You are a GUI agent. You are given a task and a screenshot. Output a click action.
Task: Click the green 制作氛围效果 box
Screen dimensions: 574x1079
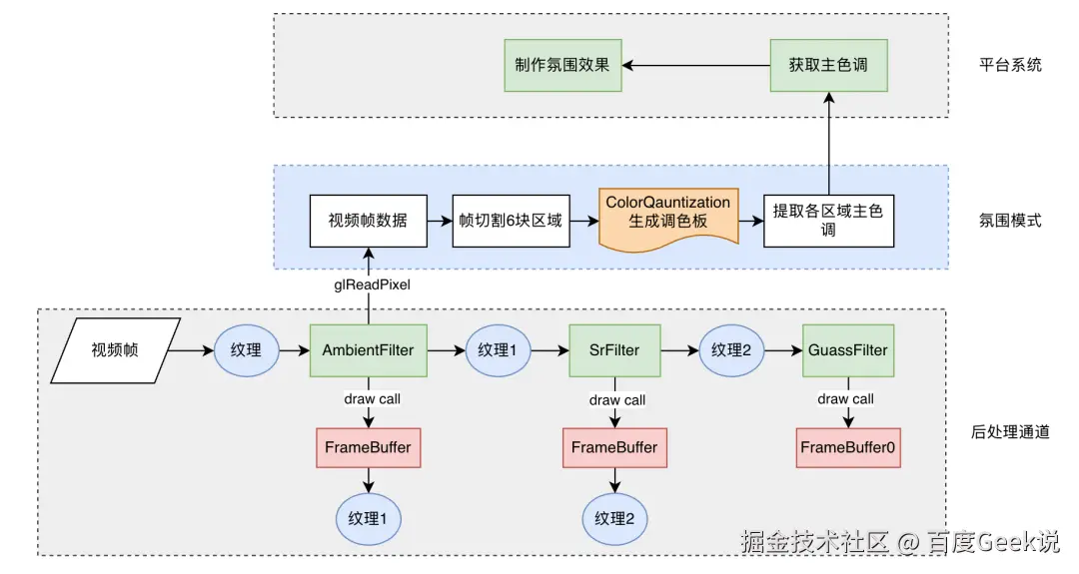(562, 65)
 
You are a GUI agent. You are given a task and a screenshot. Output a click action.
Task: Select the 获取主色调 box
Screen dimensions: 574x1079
(827, 65)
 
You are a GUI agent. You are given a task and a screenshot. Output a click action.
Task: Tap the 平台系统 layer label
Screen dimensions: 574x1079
(1010, 65)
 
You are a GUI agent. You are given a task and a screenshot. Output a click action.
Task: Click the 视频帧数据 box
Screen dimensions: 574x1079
(368, 220)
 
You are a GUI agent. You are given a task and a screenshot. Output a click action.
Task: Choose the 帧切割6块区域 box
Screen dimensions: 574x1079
(511, 220)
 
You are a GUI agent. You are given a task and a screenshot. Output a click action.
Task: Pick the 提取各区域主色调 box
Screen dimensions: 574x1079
(828, 221)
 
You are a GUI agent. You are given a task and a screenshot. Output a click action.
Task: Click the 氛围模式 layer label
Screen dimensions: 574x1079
(1010, 220)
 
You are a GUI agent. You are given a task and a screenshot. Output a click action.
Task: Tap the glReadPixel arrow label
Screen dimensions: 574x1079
(372, 285)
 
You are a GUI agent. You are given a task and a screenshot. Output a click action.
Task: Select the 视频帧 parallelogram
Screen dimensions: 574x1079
(115, 350)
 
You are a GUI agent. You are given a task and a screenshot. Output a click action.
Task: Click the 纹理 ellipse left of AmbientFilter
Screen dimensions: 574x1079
(246, 350)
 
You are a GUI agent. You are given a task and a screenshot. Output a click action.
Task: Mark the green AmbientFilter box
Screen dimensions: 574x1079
(368, 350)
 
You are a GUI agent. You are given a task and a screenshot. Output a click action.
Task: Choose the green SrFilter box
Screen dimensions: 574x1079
(613, 350)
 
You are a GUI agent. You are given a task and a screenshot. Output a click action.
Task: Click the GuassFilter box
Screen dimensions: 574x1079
(846, 350)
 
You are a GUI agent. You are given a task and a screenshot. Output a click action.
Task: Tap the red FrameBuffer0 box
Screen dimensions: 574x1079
(848, 447)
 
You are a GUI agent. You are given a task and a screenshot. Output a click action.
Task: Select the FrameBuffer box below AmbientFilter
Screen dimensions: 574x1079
(368, 447)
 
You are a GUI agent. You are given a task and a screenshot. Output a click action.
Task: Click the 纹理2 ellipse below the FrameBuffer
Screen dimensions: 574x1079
(614, 518)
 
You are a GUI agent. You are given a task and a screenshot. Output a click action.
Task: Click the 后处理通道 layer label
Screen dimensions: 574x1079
(1010, 432)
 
